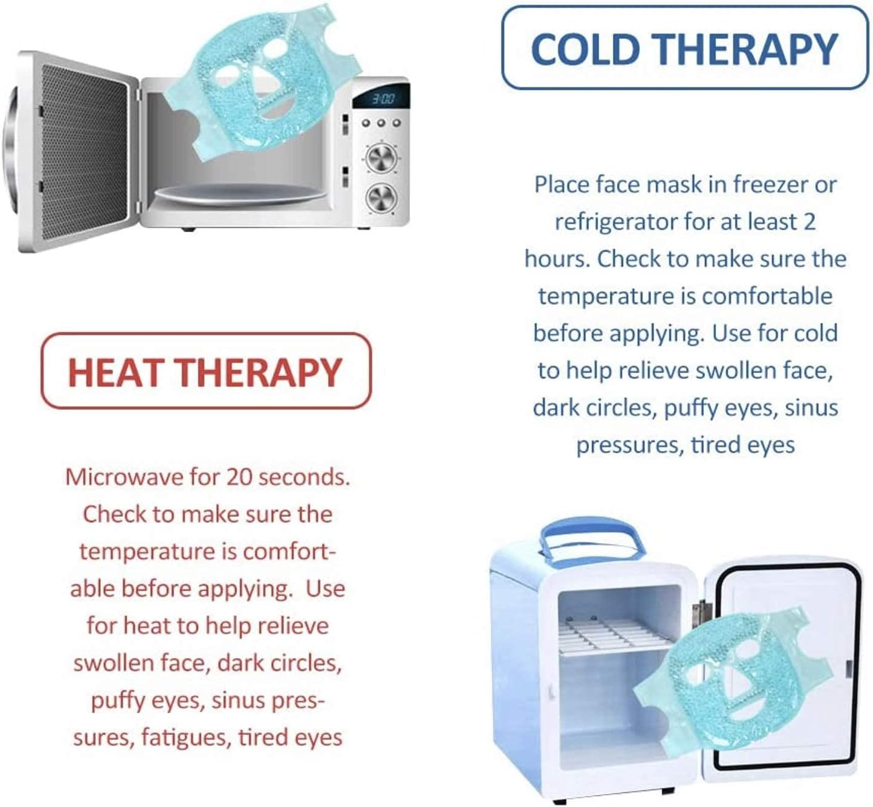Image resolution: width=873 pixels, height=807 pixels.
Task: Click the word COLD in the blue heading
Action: tap(585, 49)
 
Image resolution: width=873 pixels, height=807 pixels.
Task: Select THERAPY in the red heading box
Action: tap(260, 373)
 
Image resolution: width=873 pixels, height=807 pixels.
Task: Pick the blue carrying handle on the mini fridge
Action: tap(591, 541)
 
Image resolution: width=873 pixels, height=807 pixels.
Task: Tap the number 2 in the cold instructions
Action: tap(809, 222)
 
